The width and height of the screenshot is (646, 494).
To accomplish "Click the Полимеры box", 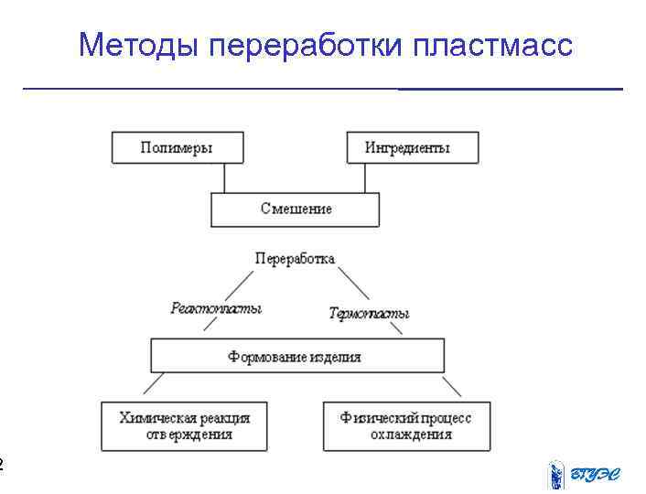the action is tap(178, 147).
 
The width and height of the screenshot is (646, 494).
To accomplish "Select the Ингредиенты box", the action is tap(412, 147).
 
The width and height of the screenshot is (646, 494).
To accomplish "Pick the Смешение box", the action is tap(295, 209).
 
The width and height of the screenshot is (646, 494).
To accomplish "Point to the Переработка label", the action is tap(295, 259).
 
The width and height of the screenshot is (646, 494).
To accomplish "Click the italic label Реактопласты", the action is tap(216, 309).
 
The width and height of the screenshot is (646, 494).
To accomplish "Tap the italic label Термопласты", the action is tap(369, 314).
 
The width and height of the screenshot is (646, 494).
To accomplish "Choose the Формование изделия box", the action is tap(296, 356).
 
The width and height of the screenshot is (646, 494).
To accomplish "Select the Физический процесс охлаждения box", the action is tap(406, 426).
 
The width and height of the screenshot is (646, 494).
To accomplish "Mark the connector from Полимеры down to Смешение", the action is tap(225, 177).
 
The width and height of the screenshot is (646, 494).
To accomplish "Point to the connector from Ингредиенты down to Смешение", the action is tap(365, 177).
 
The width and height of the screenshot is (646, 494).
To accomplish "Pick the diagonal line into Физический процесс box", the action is tap(452, 385).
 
